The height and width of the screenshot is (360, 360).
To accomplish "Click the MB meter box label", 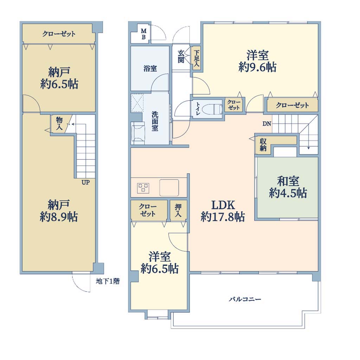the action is click(x=143, y=34).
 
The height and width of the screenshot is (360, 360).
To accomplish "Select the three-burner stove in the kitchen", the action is click(x=143, y=188).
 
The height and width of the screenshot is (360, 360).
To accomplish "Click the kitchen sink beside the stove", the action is click(x=169, y=188).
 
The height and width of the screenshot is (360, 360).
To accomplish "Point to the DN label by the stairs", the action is click(x=267, y=124).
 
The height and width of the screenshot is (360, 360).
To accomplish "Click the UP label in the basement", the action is click(x=86, y=183).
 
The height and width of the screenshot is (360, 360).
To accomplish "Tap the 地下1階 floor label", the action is click(x=108, y=281).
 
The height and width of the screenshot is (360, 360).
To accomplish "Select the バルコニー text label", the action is click(x=245, y=300).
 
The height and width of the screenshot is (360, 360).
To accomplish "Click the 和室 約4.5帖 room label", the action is click(x=288, y=187).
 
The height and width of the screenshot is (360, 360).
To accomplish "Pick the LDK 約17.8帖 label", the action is click(x=223, y=211).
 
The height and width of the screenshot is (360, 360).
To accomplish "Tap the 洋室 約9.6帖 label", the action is click(x=257, y=61).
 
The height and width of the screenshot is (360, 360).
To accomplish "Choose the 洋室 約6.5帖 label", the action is click(x=160, y=263).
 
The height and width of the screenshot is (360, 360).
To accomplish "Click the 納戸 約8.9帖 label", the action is click(x=59, y=211).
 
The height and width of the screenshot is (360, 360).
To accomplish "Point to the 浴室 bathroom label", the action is click(x=150, y=69).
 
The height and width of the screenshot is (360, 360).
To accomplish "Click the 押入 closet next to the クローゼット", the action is click(x=178, y=210).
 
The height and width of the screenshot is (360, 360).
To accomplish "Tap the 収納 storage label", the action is click(x=263, y=145).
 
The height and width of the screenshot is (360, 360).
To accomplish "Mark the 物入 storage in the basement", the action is click(x=59, y=123).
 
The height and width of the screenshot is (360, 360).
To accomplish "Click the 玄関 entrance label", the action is click(x=181, y=57).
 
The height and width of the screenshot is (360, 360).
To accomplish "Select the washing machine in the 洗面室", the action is click(x=138, y=133).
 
